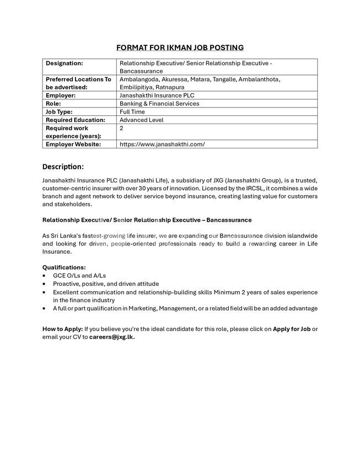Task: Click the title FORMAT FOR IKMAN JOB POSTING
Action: point(180,48)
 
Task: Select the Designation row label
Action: point(64,63)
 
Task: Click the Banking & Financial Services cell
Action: point(159,104)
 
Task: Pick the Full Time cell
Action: point(132,112)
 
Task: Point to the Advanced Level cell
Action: point(141,120)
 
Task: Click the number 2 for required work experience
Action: point(121,128)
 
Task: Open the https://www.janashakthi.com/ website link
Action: point(162,144)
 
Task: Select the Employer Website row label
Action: point(73,144)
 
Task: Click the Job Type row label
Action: point(59,112)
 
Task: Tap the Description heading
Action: point(63,167)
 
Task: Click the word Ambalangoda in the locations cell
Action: point(138,79)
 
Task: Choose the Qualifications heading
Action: point(64,267)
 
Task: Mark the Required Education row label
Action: point(75,120)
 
